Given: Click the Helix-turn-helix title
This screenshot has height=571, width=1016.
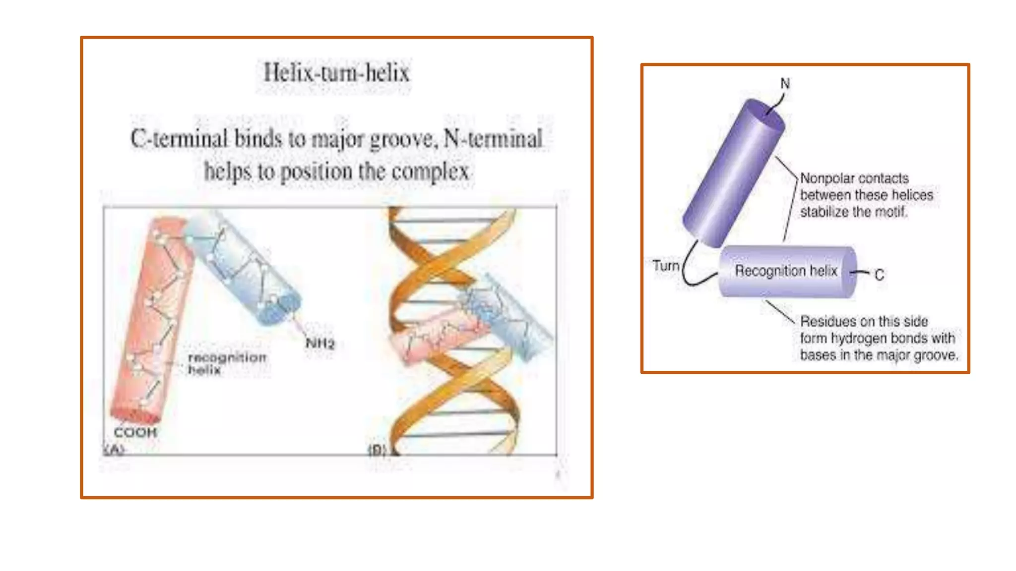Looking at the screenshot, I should pyautogui.click(x=336, y=73).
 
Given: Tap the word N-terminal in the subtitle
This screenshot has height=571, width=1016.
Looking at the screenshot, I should pyautogui.click(x=493, y=139).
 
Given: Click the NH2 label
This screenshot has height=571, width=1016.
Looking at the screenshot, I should pyautogui.click(x=320, y=343).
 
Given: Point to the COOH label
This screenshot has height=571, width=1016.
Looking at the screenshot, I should pyautogui.click(x=135, y=432).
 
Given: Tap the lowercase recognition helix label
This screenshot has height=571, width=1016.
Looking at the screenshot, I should pyautogui.click(x=227, y=363).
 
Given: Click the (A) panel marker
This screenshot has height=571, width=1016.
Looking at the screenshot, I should pyautogui.click(x=114, y=450).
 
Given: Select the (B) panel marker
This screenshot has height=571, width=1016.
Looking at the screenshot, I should pyautogui.click(x=377, y=450).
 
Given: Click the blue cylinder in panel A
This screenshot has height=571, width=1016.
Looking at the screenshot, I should pyautogui.click(x=243, y=268).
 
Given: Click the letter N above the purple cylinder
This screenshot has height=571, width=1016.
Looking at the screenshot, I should pyautogui.click(x=785, y=83).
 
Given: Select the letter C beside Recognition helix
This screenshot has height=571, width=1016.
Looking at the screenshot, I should pyautogui.click(x=879, y=275).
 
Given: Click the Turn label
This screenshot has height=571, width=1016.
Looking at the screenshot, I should pyautogui.click(x=666, y=266).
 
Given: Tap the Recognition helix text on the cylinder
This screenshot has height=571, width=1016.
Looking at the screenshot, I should pyautogui.click(x=786, y=271).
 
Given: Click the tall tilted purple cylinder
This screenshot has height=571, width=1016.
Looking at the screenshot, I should pyautogui.click(x=733, y=173).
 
